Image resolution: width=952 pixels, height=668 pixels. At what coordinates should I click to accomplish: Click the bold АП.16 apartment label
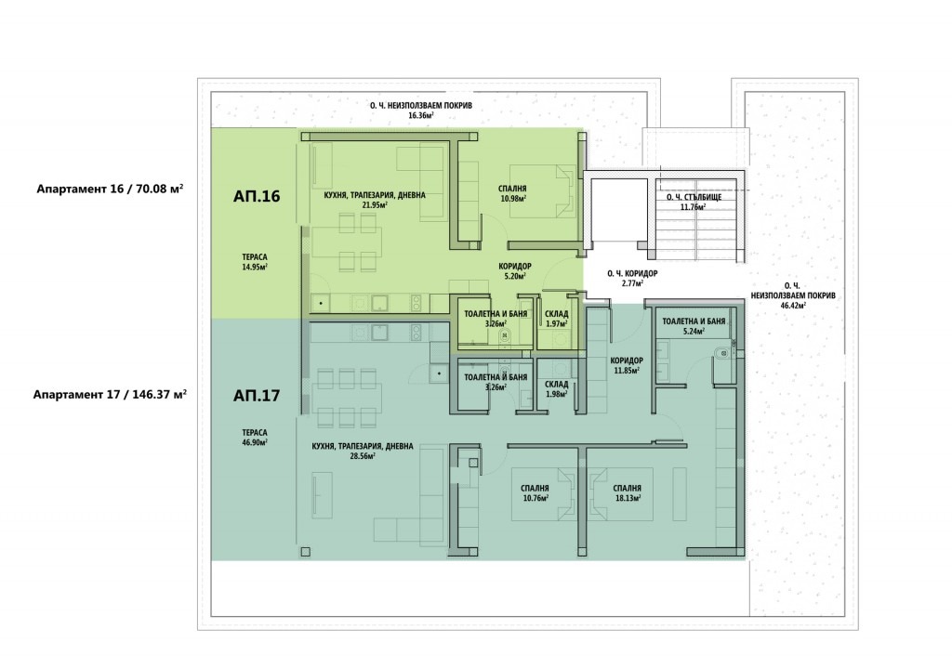coord(257,196)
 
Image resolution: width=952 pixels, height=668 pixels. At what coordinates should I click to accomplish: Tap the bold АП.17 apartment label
coord(257,396)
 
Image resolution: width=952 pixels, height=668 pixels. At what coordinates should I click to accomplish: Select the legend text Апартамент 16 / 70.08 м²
coord(110,189)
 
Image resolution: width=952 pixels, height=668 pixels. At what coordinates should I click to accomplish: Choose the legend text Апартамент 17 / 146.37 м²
coord(110,394)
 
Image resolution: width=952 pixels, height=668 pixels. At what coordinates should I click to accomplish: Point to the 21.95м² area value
coord(374,205)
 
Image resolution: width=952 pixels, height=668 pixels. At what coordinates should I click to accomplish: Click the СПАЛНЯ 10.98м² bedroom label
coord(512,193)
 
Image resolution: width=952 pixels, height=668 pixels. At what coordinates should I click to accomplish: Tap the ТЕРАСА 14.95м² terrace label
coord(255,261)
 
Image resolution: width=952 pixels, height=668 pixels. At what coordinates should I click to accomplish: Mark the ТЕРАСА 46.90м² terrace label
coord(255,438)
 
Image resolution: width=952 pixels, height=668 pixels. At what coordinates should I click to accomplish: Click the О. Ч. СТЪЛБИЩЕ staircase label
coord(694,197)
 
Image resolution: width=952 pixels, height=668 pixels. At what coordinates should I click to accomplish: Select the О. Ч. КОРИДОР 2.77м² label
coord(632,278)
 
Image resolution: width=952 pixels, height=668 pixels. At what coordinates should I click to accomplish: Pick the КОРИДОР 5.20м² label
coord(515,270)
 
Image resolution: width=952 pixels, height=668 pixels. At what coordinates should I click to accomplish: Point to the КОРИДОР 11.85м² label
coord(627,364)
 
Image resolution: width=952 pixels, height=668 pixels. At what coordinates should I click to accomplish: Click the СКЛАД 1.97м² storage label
coord(557,319)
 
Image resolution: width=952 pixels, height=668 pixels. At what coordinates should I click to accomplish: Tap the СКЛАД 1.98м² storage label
coord(557,389)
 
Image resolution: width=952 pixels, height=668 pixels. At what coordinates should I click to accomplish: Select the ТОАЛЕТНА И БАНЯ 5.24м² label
coord(694,326)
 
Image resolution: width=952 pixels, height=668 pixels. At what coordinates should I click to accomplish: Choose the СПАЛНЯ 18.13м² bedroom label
coord(628,492)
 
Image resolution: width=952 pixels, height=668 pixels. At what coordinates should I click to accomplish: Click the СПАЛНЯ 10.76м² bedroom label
coord(535,492)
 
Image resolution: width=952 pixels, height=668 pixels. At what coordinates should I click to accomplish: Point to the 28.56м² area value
coord(362,455)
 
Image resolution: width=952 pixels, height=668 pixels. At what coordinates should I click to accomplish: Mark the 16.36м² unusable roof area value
coord(421,114)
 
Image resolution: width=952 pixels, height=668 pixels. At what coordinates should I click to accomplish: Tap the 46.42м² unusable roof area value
coord(793,305)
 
